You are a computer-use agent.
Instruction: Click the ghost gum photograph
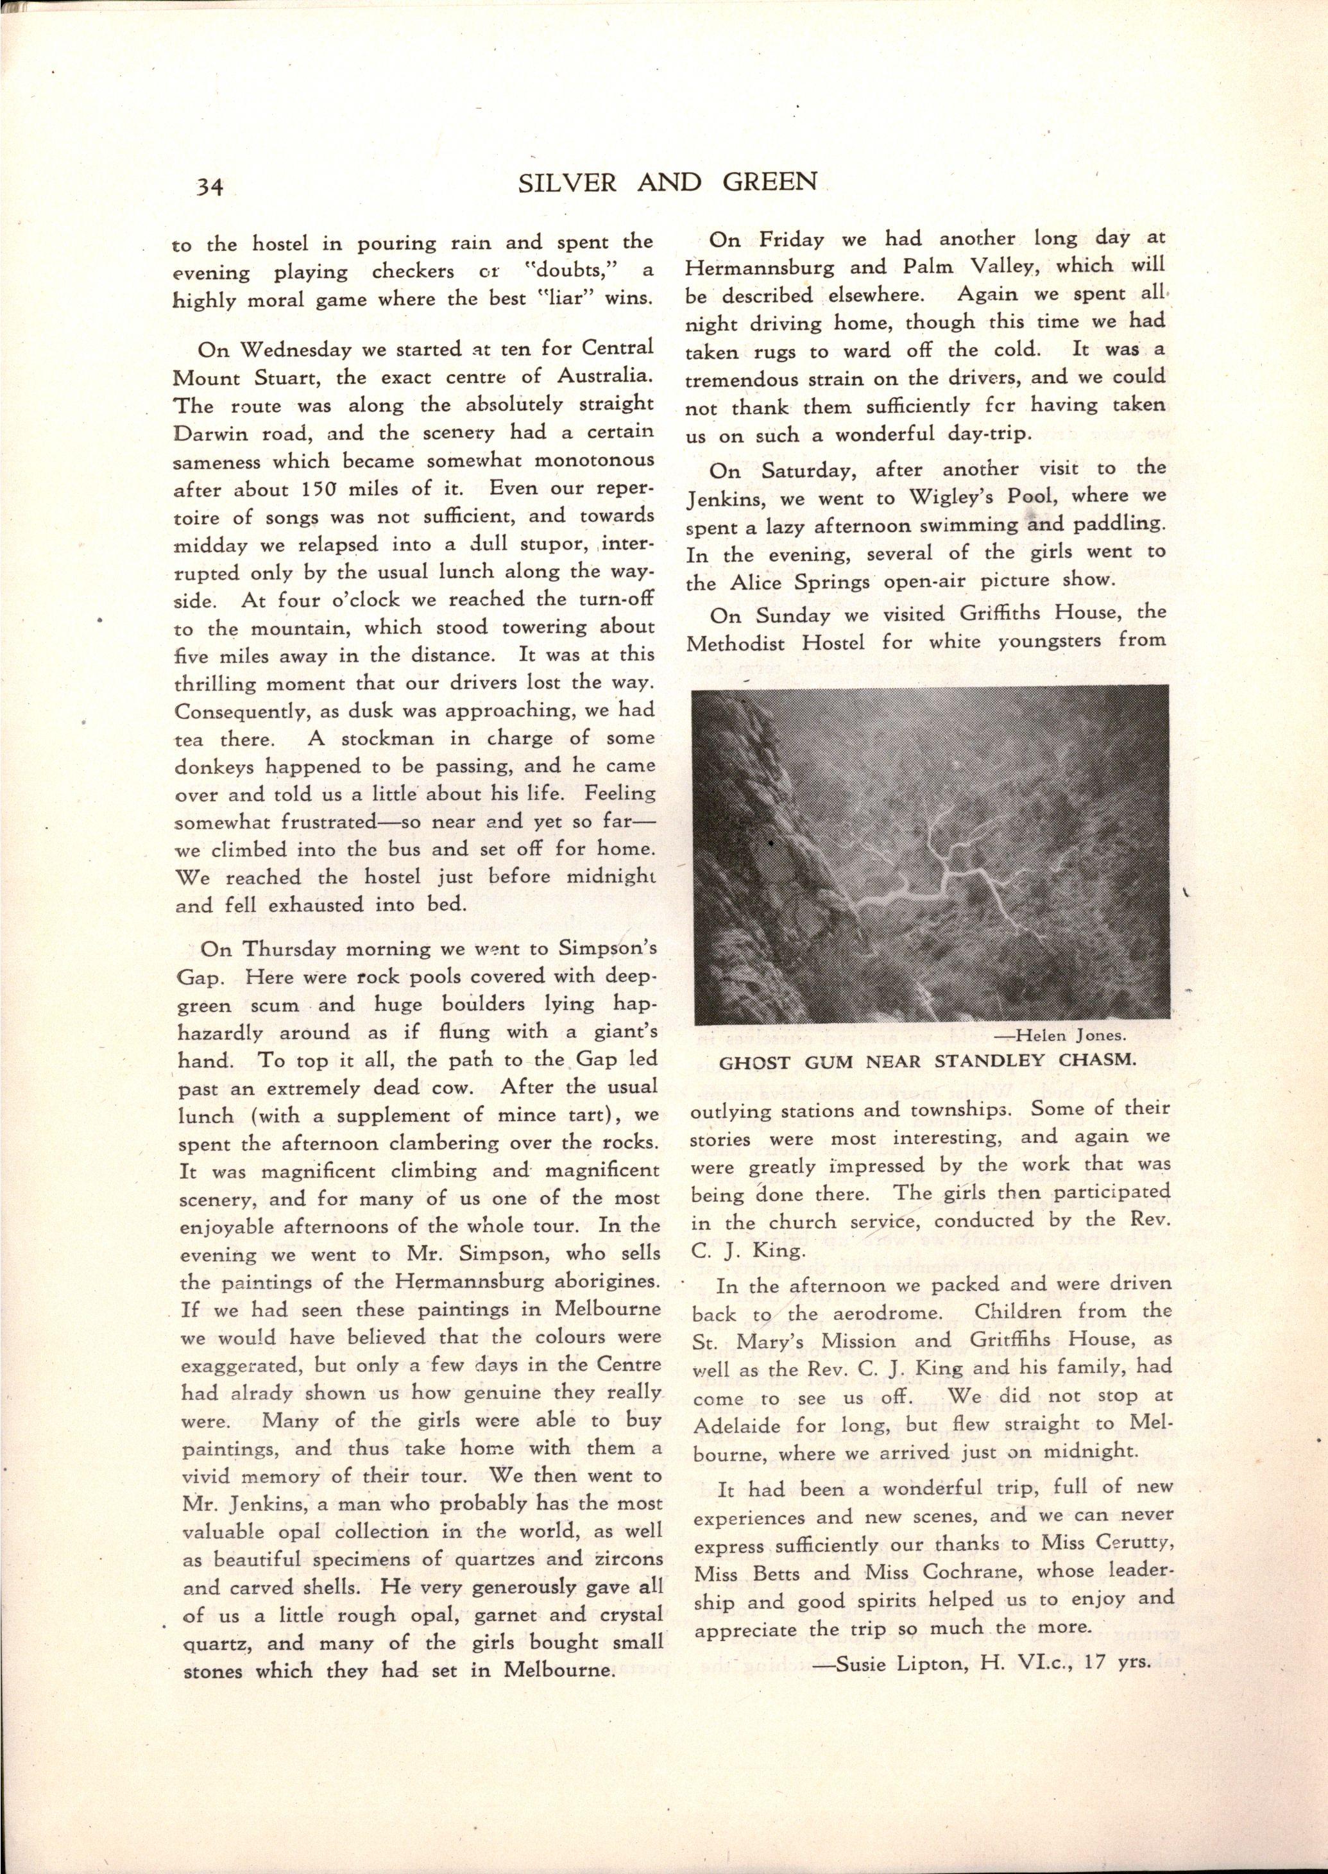(930, 852)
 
